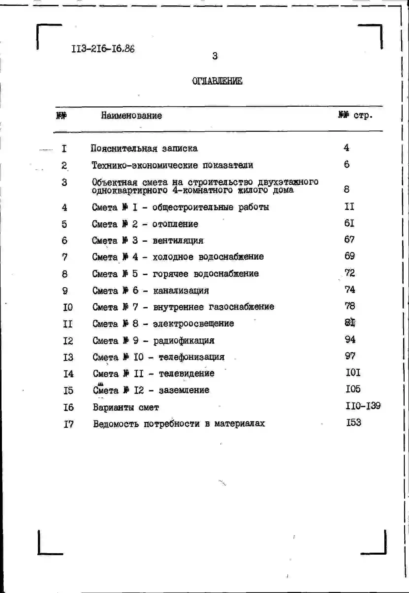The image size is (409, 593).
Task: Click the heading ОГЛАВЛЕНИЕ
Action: (217, 81)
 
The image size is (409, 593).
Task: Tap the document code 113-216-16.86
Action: (103, 49)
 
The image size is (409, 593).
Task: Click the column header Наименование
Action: (131, 116)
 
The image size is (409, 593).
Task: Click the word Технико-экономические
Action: (144, 165)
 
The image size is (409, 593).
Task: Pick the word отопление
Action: (175, 224)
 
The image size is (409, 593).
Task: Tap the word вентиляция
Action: (178, 240)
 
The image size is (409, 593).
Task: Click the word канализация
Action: (181, 290)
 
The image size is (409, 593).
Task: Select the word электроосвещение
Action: (193, 323)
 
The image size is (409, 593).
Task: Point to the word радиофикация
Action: (184, 341)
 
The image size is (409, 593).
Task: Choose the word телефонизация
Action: (191, 357)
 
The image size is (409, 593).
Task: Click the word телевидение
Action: (187, 373)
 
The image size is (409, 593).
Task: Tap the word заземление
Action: (184, 390)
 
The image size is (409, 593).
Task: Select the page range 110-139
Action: (363, 406)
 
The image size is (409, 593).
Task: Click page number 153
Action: (354, 422)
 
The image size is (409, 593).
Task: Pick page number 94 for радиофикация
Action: (350, 340)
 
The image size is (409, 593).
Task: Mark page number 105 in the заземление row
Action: (353, 389)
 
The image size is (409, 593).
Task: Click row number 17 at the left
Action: (68, 424)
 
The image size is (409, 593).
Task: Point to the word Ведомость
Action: (116, 424)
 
